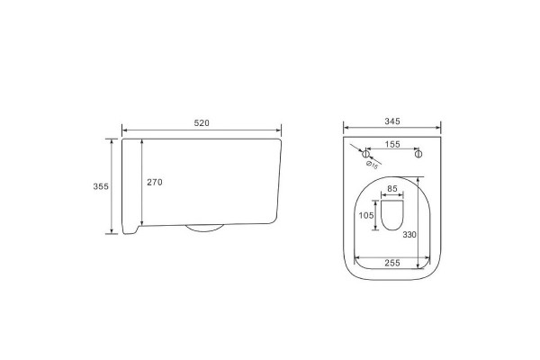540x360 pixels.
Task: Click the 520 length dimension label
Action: tap(202, 123)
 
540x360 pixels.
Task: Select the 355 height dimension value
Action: tap(101, 186)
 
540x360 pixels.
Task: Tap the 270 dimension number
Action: tap(155, 182)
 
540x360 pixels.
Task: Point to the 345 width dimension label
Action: tap(392, 121)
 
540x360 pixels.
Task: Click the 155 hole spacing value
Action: tap(392, 144)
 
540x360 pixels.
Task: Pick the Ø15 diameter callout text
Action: tap(372, 165)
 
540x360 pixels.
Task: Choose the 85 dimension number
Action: tap(392, 189)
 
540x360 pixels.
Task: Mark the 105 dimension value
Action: tap(366, 215)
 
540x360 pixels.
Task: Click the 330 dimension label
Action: tap(409, 235)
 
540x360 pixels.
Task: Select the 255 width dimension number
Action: tap(392, 263)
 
